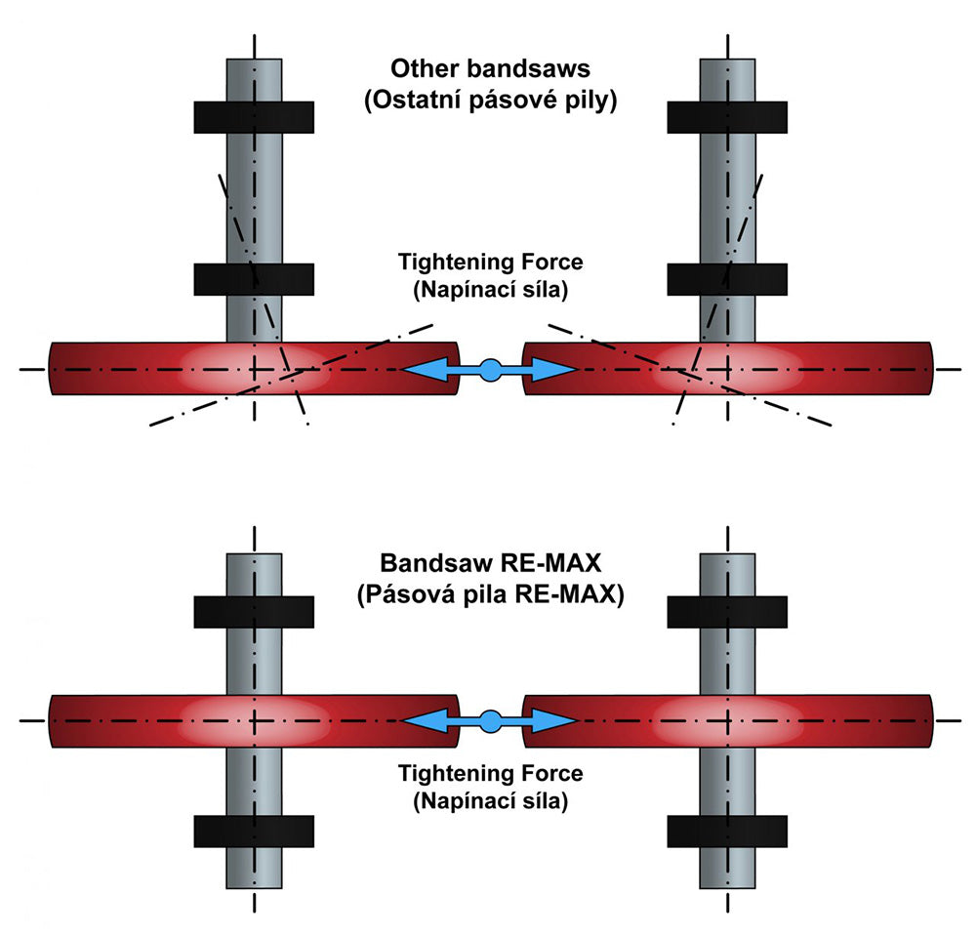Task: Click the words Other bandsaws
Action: click(490, 68)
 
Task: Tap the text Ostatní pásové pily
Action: click(490, 101)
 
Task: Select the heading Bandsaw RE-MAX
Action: click(491, 563)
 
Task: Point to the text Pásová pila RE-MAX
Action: click(491, 595)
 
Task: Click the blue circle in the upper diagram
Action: click(490, 371)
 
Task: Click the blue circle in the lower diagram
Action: click(490, 721)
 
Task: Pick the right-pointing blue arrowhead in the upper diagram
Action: click(556, 370)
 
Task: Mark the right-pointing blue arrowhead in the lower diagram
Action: click(556, 721)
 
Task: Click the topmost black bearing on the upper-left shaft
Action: click(254, 117)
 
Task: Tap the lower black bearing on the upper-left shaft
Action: click(254, 279)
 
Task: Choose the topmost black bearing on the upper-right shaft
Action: click(727, 117)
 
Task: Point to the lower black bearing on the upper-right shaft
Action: click(727, 279)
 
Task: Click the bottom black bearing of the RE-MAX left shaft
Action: click(254, 831)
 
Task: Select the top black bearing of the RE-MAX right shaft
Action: click(727, 612)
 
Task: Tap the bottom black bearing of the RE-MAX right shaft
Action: click(727, 831)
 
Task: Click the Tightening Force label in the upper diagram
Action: click(491, 263)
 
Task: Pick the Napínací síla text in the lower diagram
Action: click(491, 801)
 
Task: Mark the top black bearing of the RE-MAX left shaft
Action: click(254, 612)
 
